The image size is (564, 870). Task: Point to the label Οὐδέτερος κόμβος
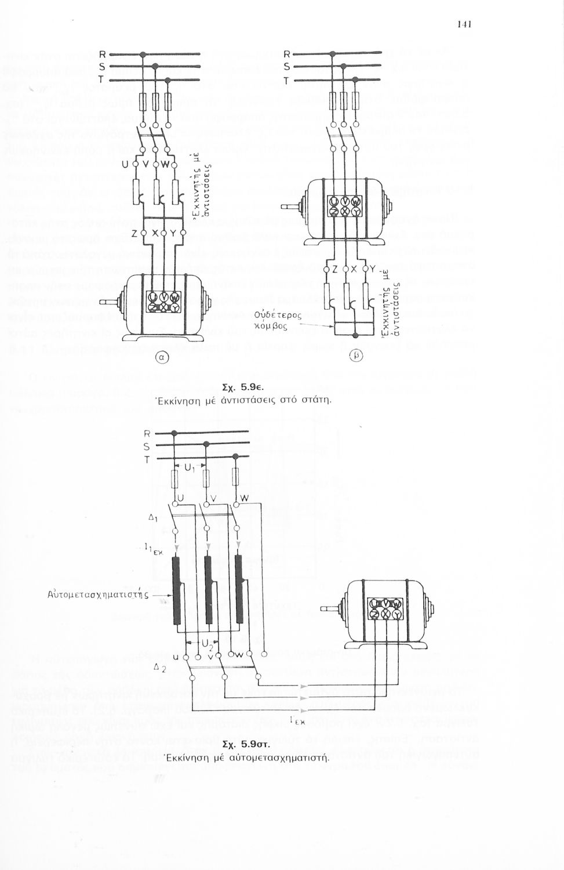(x=282, y=320)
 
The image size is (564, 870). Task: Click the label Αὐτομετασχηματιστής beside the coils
(x=99, y=594)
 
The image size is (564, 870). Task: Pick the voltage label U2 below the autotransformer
(x=208, y=644)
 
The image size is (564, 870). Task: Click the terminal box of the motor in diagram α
(x=163, y=302)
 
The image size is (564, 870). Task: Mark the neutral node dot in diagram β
(x=354, y=335)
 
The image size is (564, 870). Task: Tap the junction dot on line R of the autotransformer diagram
(x=173, y=433)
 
